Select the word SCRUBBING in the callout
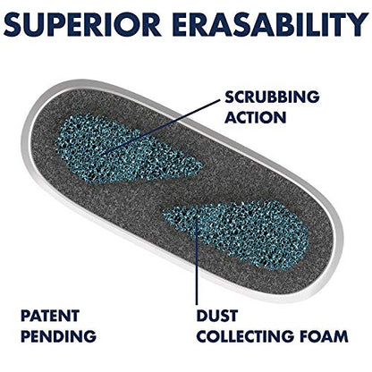pyautogui.click(x=272, y=97)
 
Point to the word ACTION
pyautogui.click(x=256, y=117)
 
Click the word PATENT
pyautogui.click(x=50, y=316)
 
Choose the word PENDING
pyautogui.click(x=58, y=336)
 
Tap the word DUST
pyautogui.click(x=217, y=316)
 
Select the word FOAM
pyautogui.click(x=324, y=336)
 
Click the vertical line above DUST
pyautogui.click(x=197, y=260)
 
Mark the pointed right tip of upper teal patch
pyautogui.click(x=201, y=167)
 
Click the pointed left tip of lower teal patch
pyautogui.click(x=164, y=212)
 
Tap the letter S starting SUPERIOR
pyautogui.click(x=14, y=24)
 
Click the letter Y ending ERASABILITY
pyautogui.click(x=357, y=24)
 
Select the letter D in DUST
pyautogui.click(x=203, y=316)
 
